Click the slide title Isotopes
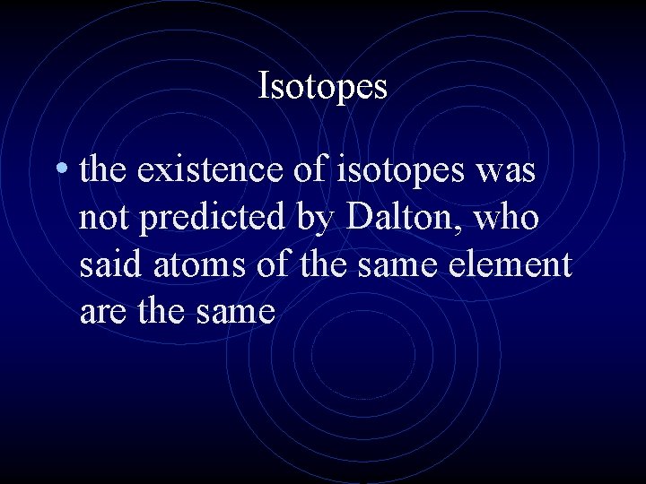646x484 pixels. pyautogui.click(x=322, y=87)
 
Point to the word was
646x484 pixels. pyautogui.click(x=505, y=171)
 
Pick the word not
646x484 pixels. pyautogui.click(x=102, y=218)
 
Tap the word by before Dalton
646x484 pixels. pyautogui.click(x=310, y=220)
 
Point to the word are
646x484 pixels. pyautogui.click(x=101, y=312)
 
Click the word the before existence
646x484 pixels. pyautogui.click(x=104, y=170)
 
